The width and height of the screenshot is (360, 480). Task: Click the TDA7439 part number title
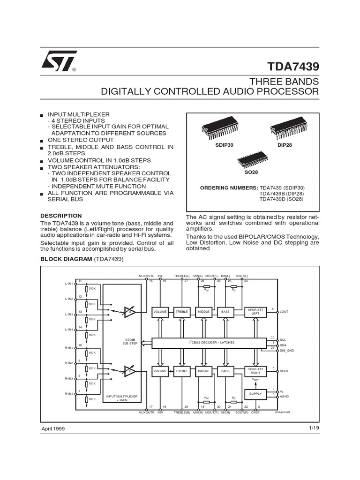(293, 66)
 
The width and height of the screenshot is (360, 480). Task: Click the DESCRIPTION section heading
(61, 216)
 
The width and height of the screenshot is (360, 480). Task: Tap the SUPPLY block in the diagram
(255, 394)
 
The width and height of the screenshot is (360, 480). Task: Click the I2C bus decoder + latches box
(206, 342)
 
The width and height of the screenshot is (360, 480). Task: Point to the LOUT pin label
(285, 312)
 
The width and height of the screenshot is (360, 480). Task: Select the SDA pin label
(283, 345)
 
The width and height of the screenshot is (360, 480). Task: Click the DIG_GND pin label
(286, 351)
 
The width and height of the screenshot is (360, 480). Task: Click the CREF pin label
(255, 412)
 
